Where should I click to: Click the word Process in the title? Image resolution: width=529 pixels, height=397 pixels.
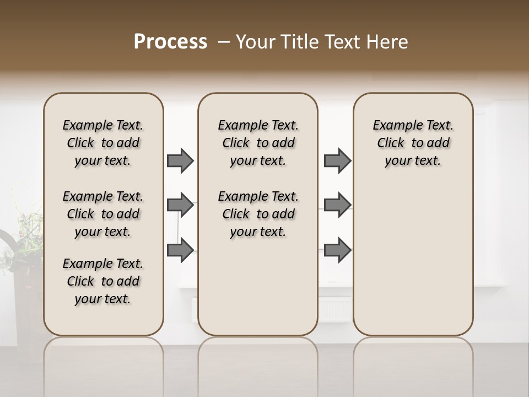coord(170,42)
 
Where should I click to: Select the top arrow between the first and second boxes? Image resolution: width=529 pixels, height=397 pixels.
coord(180,161)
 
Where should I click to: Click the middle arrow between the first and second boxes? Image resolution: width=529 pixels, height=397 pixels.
coord(180,206)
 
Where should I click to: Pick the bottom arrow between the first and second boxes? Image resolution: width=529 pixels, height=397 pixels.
coord(180,250)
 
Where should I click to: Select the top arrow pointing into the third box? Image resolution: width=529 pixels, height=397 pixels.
coord(337,161)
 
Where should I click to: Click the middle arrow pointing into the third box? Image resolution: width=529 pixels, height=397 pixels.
coord(337,206)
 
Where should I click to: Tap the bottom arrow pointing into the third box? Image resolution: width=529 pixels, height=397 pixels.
coord(337,250)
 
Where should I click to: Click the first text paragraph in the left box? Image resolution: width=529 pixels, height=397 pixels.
coord(103,143)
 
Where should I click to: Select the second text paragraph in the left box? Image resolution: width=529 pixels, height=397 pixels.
coord(103,214)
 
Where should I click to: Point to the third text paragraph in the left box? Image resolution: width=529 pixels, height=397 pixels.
coord(103,281)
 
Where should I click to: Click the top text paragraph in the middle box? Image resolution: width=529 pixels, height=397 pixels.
coord(258,143)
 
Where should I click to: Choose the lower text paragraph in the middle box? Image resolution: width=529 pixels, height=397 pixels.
coord(258,214)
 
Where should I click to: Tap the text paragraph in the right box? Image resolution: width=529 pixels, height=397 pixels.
coord(413,143)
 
